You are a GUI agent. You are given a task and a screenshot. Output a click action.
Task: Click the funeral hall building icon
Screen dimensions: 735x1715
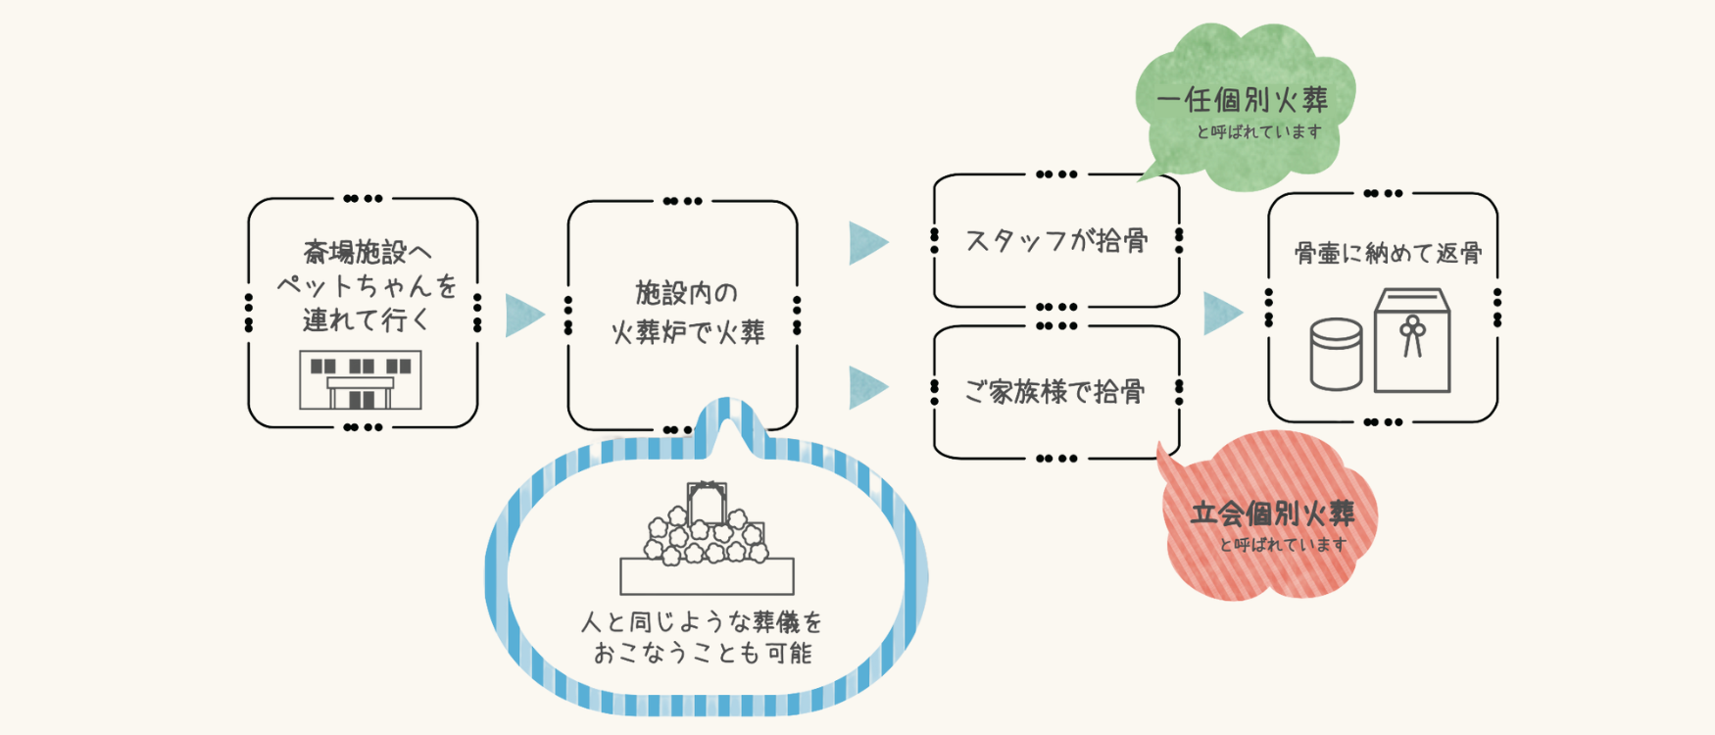361,379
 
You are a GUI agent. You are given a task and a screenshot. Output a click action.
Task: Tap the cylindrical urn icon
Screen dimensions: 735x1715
1336,355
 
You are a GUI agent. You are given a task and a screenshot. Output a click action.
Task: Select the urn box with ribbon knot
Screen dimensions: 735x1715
1411,340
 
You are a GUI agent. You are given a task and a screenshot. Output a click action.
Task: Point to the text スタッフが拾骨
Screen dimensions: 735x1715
1056,241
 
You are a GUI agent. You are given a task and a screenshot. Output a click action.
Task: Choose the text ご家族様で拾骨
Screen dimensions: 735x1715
1054,392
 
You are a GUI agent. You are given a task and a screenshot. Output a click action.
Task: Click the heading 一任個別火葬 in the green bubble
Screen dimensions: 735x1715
1242,100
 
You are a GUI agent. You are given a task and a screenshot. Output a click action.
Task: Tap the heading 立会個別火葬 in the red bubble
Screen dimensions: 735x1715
1272,514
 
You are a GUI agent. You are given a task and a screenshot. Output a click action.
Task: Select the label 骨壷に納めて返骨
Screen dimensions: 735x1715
1388,253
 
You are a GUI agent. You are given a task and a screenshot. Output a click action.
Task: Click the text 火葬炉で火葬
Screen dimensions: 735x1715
688,332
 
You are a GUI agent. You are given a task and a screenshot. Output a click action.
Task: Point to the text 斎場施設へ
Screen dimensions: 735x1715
367,253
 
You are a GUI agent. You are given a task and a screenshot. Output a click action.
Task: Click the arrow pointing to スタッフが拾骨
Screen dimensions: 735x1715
867,242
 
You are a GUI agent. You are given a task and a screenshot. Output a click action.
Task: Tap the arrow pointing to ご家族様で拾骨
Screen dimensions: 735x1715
867,387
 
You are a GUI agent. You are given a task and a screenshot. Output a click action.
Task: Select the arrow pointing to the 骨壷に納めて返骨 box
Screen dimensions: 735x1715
1222,313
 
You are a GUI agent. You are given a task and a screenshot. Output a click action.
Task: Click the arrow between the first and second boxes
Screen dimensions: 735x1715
523,316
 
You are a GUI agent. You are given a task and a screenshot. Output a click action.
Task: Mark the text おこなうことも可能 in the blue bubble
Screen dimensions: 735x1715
703,653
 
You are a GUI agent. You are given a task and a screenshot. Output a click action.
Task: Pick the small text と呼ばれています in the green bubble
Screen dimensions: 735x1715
1258,131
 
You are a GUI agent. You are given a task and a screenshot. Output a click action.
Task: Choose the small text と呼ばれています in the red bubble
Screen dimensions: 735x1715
1283,545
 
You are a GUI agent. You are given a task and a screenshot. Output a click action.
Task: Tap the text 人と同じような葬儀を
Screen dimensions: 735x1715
702,621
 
